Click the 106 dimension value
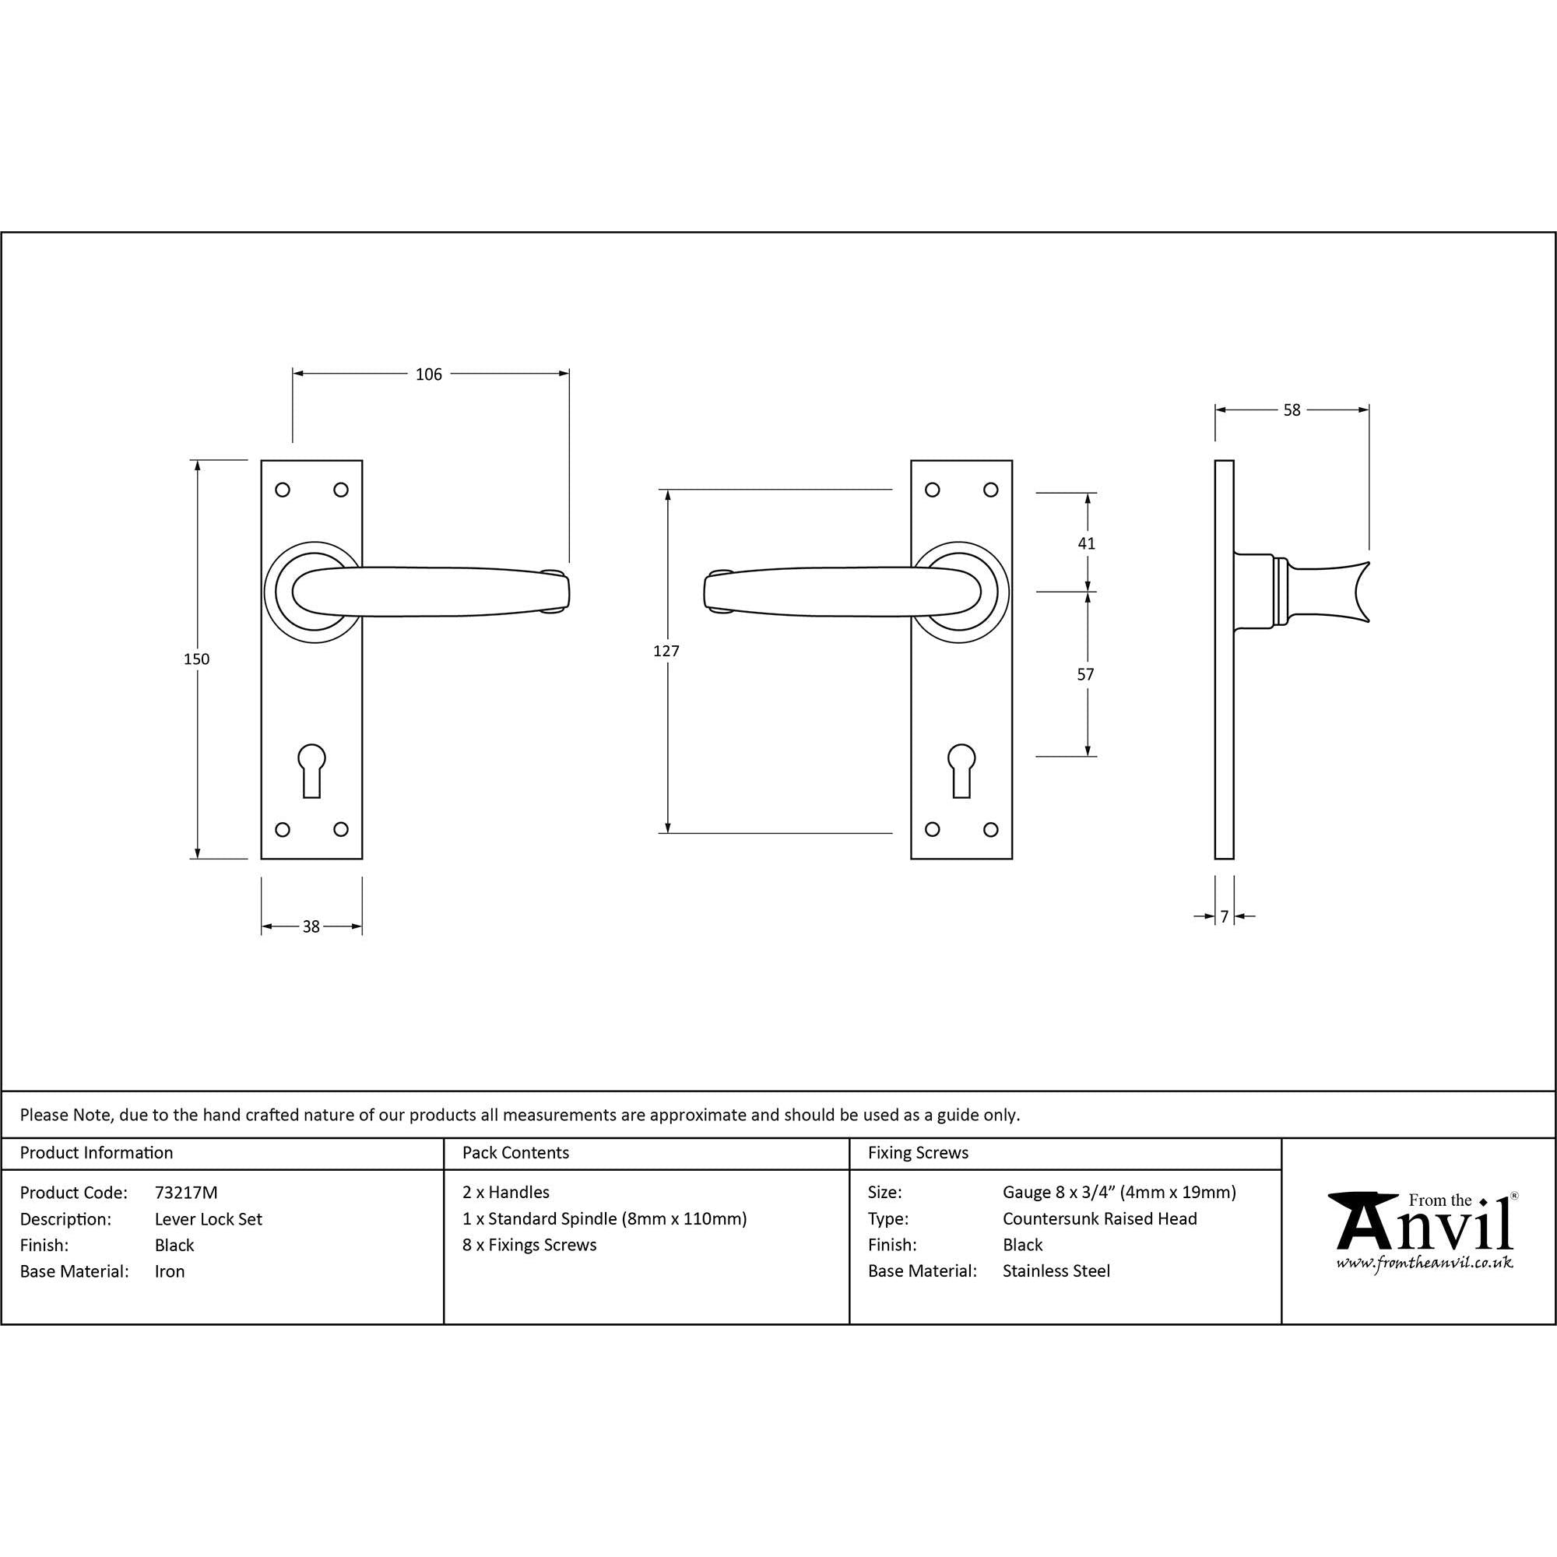(429, 374)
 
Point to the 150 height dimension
(197, 659)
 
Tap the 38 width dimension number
(311, 926)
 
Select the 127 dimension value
(666, 651)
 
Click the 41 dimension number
(1086, 543)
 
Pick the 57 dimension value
(1085, 674)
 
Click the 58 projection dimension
(1292, 410)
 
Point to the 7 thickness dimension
(1224, 916)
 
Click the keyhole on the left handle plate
(312, 771)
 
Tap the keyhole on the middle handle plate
(961, 771)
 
